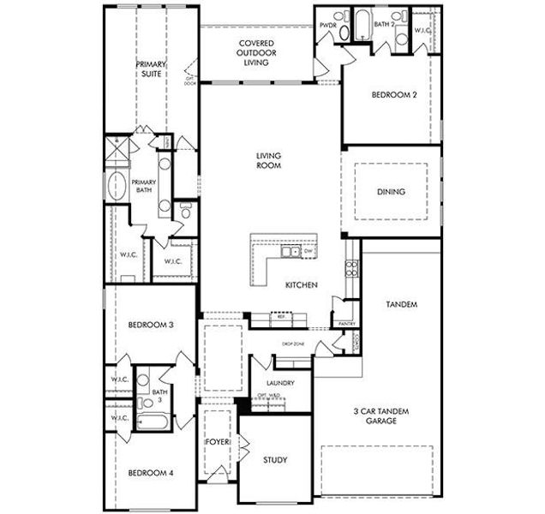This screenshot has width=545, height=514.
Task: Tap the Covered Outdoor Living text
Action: point(256,52)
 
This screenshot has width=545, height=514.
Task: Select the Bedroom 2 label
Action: point(393,95)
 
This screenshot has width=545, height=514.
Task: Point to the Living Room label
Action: point(268,160)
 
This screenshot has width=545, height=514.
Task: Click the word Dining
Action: point(391,192)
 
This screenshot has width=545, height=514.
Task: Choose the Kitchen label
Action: point(302,284)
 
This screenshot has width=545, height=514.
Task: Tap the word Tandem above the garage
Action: point(401,304)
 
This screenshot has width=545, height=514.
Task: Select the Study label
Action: point(275,460)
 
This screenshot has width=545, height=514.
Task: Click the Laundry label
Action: point(280,383)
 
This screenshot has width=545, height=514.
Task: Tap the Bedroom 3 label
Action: point(151,325)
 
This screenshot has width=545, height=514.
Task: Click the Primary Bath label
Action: point(143,187)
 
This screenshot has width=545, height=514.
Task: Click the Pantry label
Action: point(347,324)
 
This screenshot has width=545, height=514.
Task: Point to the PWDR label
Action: point(327,27)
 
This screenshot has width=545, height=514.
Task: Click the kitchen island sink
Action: point(294,253)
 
